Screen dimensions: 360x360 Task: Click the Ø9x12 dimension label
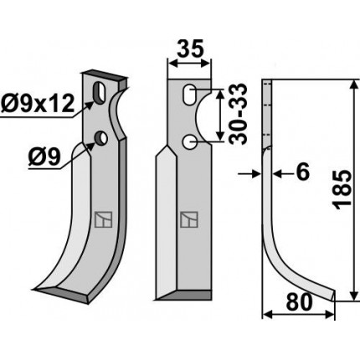[x=38, y=103]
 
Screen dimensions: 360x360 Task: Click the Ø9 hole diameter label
[x=44, y=157]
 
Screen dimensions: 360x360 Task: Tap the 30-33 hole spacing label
[x=239, y=114]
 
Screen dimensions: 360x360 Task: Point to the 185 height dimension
[x=342, y=189]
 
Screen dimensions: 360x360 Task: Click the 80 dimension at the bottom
[x=299, y=302]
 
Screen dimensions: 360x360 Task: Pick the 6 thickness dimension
[x=303, y=172]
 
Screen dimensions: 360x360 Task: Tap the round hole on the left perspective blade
[x=100, y=138]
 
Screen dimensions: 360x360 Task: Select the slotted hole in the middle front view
[x=189, y=95]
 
